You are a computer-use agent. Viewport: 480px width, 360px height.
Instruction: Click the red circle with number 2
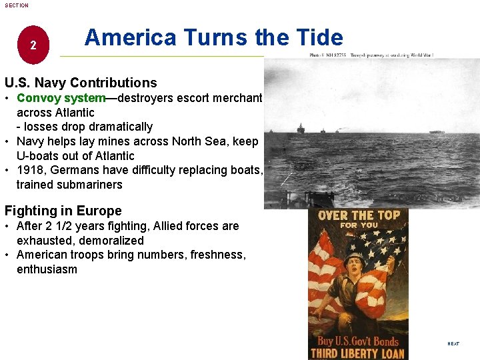pyautogui.click(x=33, y=46)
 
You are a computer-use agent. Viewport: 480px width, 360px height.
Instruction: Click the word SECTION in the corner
pyautogui.click(x=17, y=5)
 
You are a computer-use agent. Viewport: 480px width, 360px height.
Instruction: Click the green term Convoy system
pyautogui.click(x=61, y=98)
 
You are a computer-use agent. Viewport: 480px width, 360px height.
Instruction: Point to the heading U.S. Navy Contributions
pyautogui.click(x=81, y=83)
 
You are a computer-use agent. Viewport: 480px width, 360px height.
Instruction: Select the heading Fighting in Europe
pyautogui.click(x=63, y=211)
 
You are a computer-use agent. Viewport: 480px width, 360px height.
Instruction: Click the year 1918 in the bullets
pyautogui.click(x=30, y=170)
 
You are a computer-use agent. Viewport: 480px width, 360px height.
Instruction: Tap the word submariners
pyautogui.click(x=90, y=185)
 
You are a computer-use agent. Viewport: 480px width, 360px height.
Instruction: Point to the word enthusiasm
pyautogui.click(x=47, y=269)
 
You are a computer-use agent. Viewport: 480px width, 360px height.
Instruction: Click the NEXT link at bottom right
pyautogui.click(x=453, y=343)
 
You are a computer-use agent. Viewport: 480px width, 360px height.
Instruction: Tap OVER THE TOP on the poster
pyautogui.click(x=359, y=215)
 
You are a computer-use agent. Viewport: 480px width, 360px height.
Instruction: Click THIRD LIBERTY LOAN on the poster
pyautogui.click(x=358, y=353)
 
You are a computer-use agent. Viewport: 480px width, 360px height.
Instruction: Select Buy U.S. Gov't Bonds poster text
pyautogui.click(x=358, y=341)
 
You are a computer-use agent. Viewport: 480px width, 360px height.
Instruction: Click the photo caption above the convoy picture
pyautogui.click(x=371, y=55)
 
